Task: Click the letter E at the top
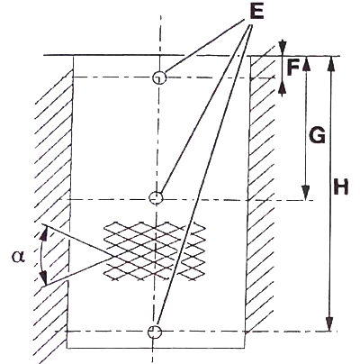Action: click(256, 12)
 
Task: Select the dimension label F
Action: click(292, 68)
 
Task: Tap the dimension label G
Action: click(317, 135)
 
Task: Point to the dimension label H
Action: click(341, 187)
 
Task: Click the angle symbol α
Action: click(18, 257)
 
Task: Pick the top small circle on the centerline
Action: click(158, 78)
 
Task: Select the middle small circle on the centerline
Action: click(156, 198)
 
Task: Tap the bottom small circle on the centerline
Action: click(155, 332)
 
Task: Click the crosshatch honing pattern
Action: click(155, 251)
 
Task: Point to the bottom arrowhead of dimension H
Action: click(330, 323)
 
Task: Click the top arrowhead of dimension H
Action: click(331, 63)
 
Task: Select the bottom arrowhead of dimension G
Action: click(305, 193)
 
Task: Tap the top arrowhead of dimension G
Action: click(306, 63)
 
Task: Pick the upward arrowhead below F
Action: click(282, 89)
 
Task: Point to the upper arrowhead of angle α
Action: click(44, 233)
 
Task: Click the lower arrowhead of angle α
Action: click(44, 278)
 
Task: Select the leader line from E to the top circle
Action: click(205, 48)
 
